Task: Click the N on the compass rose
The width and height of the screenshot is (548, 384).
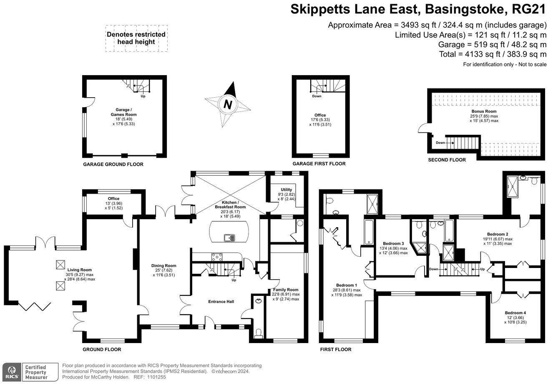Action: pyautogui.click(x=228, y=105)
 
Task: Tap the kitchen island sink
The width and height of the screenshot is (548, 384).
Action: pyautogui.click(x=229, y=238)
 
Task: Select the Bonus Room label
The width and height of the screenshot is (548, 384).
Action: pyautogui.click(x=484, y=111)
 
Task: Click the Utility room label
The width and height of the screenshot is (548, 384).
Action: pyautogui.click(x=286, y=189)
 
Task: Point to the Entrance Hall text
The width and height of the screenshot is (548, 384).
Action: pyautogui.click(x=221, y=301)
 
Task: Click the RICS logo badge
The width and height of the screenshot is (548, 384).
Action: pyautogui.click(x=11, y=372)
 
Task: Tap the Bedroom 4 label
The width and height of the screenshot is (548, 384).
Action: pyautogui.click(x=515, y=313)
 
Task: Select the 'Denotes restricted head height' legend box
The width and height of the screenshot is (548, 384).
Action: pyautogui.click(x=136, y=38)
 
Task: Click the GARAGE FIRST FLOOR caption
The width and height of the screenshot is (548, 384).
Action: pyautogui.click(x=319, y=164)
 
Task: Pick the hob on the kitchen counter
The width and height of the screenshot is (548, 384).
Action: pyautogui.click(x=217, y=257)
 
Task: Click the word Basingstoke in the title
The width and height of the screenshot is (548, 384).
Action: pyautogui.click(x=464, y=9)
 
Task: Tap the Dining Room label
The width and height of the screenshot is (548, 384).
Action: pyautogui.click(x=163, y=265)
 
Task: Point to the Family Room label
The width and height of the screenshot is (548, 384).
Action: pyautogui.click(x=286, y=290)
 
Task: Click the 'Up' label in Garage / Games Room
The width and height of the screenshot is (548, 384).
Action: pyautogui.click(x=143, y=96)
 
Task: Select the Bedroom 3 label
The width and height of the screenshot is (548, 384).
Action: pyautogui.click(x=393, y=243)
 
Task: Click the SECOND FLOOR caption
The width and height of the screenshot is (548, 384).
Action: pyautogui.click(x=447, y=160)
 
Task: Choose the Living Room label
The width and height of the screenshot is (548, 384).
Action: pyautogui.click(x=80, y=270)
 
